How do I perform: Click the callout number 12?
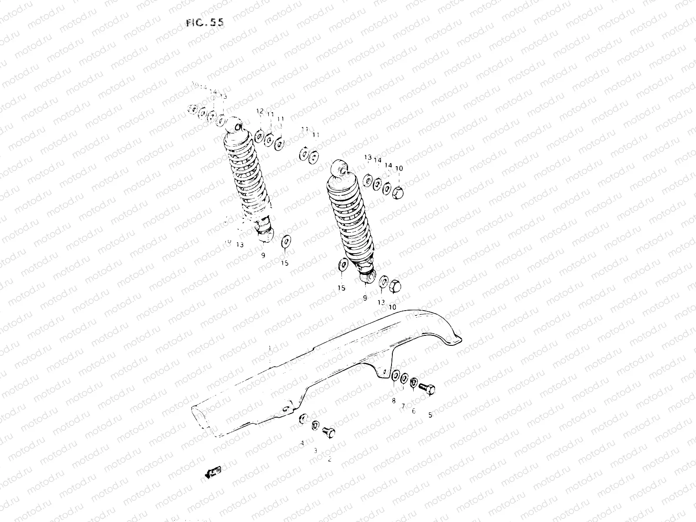coord(260,111)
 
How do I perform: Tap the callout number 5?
coord(430,415)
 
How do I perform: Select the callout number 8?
coord(394,401)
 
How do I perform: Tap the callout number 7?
coord(403,406)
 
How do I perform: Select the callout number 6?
coord(413,411)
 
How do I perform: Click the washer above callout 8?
coord(396,376)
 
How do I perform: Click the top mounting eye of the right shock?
coord(340,167)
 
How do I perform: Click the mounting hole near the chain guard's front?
coord(286,409)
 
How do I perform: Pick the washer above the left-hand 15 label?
coord(286,241)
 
